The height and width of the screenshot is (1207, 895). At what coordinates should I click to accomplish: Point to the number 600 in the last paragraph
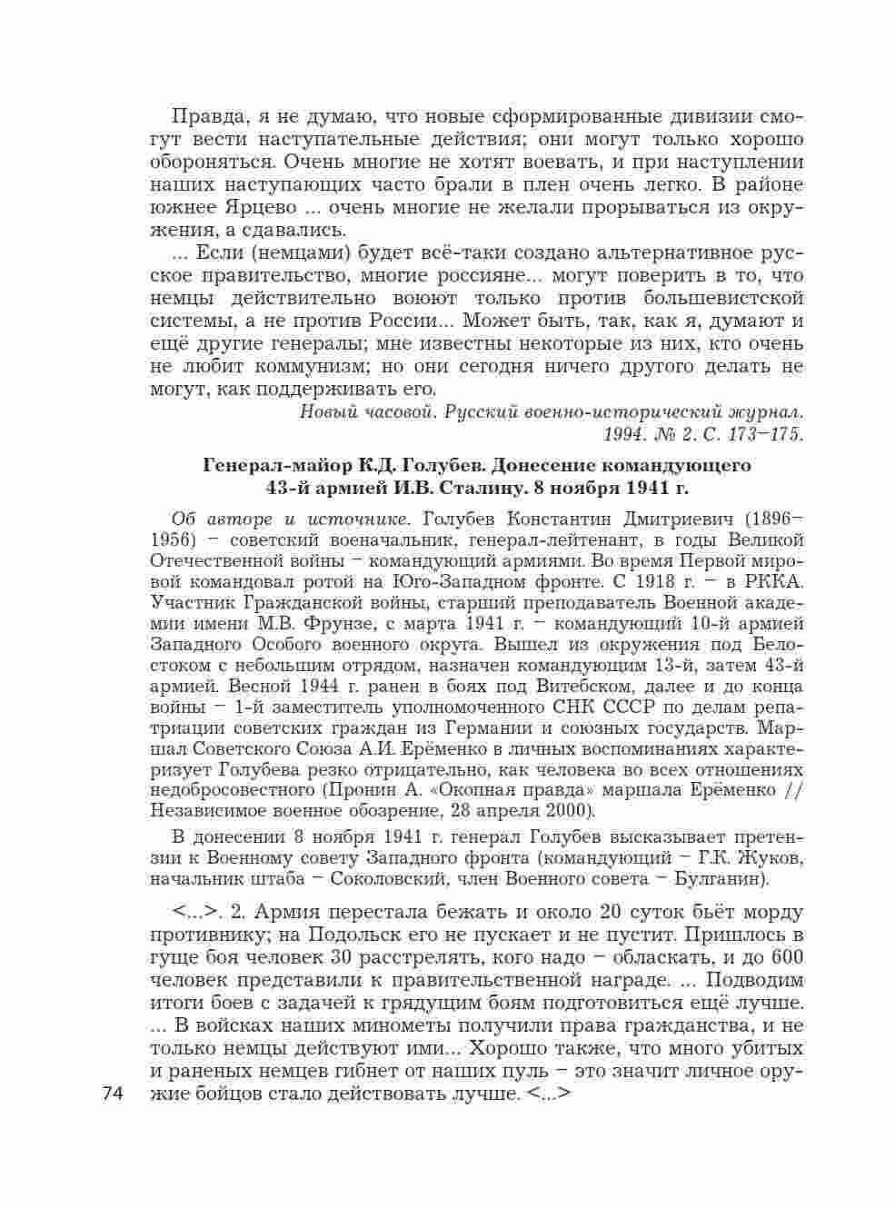point(787,958)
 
